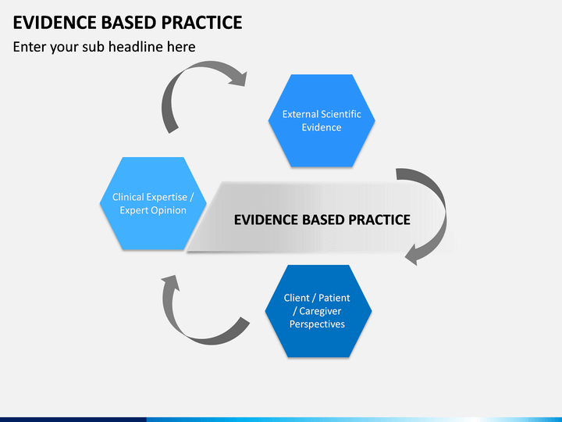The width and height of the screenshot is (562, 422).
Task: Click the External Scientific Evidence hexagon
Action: point(322,120)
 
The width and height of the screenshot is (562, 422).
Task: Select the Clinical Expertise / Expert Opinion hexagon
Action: point(153,203)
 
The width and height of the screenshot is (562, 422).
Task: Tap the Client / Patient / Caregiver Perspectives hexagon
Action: point(318,311)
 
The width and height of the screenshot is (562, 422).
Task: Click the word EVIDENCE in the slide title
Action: point(55,23)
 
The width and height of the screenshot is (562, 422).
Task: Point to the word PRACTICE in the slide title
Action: point(202,23)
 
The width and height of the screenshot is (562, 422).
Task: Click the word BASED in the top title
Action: point(129,23)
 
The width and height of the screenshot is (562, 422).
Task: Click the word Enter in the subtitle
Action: point(30,47)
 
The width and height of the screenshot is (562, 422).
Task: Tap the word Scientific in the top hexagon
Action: point(340,114)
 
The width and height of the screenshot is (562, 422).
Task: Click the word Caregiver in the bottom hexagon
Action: point(320,311)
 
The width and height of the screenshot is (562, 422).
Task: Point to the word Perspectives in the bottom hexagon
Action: point(317,324)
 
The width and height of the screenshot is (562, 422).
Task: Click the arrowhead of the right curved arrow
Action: point(413,255)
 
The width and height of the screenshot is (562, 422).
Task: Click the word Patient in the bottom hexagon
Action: point(334,298)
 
